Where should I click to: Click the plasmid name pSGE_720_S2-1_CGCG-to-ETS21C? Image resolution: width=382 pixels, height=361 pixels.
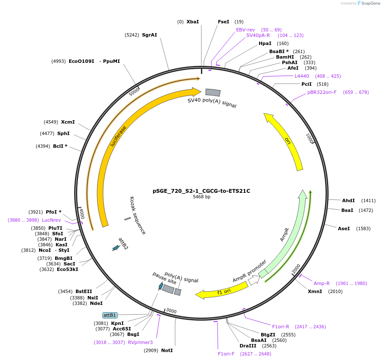pyautogui.click(x=201, y=191)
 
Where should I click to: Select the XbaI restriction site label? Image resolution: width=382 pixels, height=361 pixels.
pyautogui.click(x=192, y=22)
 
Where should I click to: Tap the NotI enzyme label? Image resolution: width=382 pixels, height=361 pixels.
pyautogui.click(x=167, y=350)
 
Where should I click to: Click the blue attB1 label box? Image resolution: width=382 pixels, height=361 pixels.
pyautogui.click(x=110, y=315)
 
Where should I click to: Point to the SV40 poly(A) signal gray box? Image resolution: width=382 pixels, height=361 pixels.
pyautogui.click(x=213, y=92)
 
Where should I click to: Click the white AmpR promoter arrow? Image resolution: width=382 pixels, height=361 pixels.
pyautogui.click(x=254, y=280)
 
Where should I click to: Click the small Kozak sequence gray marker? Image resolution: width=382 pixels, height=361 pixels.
pyautogui.click(x=128, y=218)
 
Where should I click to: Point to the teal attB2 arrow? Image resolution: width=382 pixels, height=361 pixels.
pyautogui.click(x=115, y=248)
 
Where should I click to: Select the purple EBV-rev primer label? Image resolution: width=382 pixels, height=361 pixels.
pyautogui.click(x=245, y=30)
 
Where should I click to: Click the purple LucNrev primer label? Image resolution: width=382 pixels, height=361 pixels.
pyautogui.click(x=51, y=220)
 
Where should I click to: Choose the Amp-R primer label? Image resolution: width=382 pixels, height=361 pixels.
pyautogui.click(x=322, y=283)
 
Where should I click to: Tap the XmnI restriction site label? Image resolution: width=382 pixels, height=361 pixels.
pyautogui.click(x=315, y=291)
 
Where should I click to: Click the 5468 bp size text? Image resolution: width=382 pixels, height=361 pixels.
pyautogui.click(x=201, y=197)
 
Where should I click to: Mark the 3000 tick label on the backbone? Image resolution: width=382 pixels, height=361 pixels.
pyautogui.click(x=171, y=311)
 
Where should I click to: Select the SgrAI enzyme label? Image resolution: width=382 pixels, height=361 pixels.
pyautogui.click(x=149, y=35)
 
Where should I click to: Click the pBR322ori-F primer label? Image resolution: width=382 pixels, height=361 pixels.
pyautogui.click(x=322, y=92)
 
